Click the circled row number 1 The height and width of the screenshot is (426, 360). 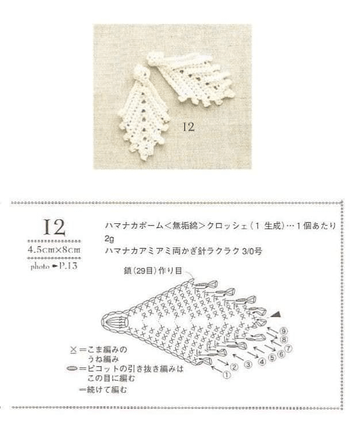[x=227, y=375]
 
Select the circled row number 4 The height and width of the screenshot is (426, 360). [x=262, y=362]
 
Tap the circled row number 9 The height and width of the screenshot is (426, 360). [x=284, y=331]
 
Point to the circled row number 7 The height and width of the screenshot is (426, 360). [x=288, y=348]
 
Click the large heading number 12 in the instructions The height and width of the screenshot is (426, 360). [x=54, y=227]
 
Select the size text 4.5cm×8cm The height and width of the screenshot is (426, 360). [x=54, y=249]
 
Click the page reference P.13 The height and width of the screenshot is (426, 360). [x=68, y=266]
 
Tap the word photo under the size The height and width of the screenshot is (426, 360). [x=40, y=267]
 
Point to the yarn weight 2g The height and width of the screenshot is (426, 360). [x=109, y=239]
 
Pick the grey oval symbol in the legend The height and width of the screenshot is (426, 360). [x=72, y=368]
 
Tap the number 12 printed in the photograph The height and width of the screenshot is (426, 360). [x=189, y=127]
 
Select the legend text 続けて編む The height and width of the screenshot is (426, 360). [x=107, y=390]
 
